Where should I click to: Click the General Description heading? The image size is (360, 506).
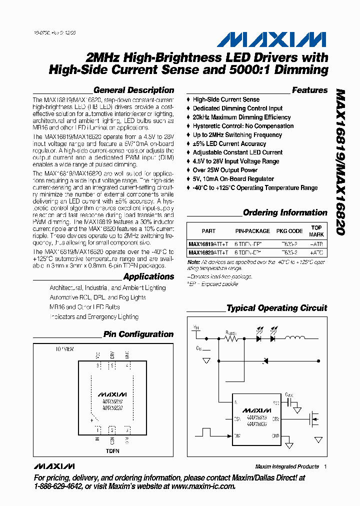pos(133,90)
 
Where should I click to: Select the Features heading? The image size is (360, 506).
pos(309,90)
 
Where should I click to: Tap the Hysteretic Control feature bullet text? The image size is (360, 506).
pos(243,126)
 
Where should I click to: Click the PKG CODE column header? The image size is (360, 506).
pos(289,231)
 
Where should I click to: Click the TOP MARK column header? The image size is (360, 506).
pos(316,231)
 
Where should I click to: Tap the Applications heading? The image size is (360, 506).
pos(148,277)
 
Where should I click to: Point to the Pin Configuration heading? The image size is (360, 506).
pos(138,334)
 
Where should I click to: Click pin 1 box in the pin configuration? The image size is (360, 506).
pos(97,429)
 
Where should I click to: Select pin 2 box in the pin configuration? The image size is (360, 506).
pos(112,429)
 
